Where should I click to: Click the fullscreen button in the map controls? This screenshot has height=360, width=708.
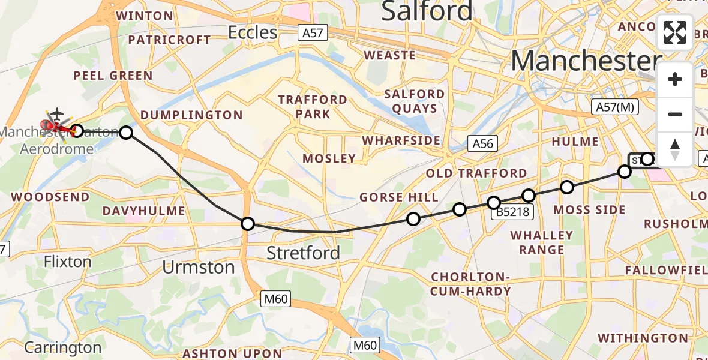click(x=675, y=32)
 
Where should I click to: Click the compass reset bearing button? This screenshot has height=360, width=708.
click(x=675, y=149)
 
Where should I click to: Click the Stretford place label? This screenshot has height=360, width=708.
click(x=303, y=253)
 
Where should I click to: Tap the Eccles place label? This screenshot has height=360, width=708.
click(x=253, y=32)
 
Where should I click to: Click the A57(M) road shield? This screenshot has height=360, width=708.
click(x=614, y=107)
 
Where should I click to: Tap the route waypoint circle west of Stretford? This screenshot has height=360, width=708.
click(x=248, y=224)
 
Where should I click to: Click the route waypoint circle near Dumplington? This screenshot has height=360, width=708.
click(x=126, y=132)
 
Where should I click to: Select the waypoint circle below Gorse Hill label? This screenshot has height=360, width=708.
click(x=413, y=219)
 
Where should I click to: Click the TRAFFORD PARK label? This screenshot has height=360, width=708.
click(x=312, y=106)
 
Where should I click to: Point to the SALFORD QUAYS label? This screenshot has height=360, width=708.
click(x=415, y=101)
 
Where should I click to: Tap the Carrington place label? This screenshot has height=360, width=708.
click(x=63, y=347)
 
